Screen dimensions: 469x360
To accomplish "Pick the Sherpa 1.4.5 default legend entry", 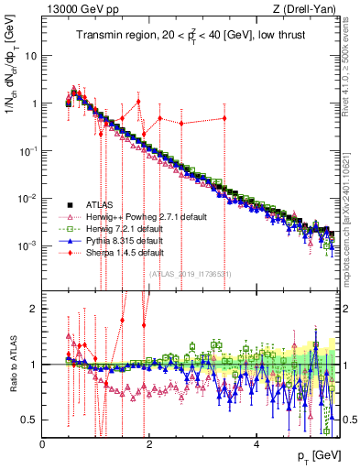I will click(115, 252).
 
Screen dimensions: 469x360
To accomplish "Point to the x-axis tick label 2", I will click(150, 445).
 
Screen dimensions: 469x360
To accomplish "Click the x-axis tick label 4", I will click(257, 445).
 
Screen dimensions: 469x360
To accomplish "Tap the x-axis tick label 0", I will click(43, 445).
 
